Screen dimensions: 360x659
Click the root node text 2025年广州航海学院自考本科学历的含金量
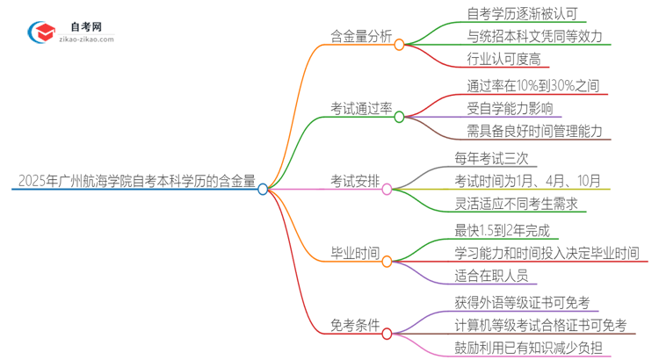(x=136, y=184)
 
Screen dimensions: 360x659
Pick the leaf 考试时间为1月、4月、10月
(x=527, y=181)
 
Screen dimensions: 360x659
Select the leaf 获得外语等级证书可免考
(x=524, y=303)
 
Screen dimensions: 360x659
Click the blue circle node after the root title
(x=263, y=189)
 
